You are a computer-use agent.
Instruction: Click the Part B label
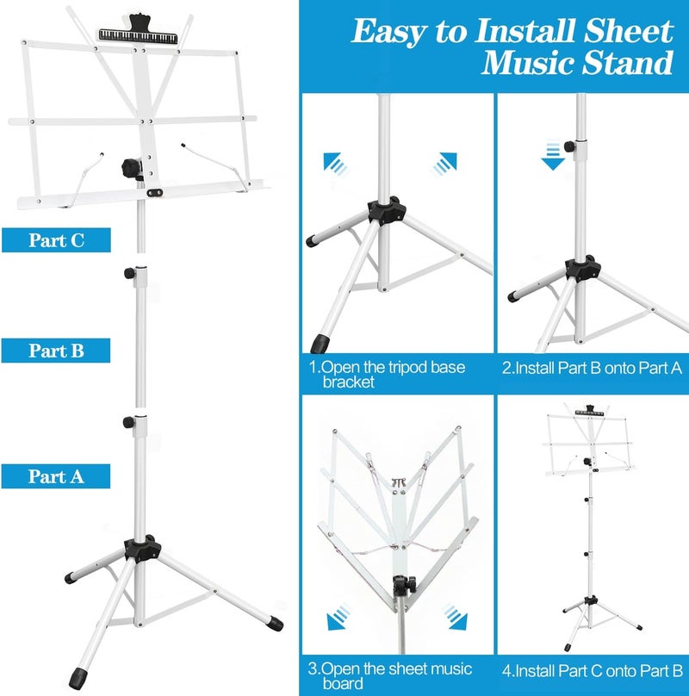(x=56, y=351)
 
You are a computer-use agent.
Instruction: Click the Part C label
(x=56, y=239)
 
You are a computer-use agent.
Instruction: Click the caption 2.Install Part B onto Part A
(x=592, y=368)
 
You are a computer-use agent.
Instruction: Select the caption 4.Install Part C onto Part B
(x=592, y=669)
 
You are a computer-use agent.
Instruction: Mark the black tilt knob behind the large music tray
(x=131, y=165)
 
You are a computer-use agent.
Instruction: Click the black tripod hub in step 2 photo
(x=580, y=268)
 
